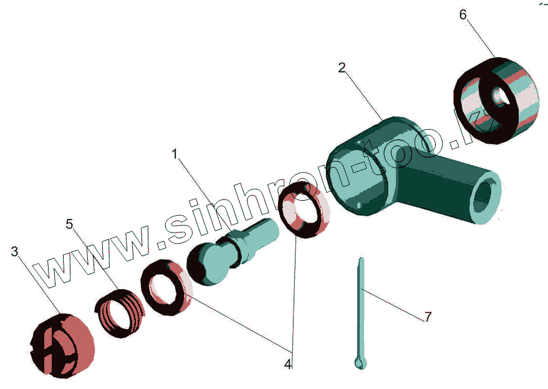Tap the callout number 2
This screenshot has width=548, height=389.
pyautogui.click(x=342, y=68)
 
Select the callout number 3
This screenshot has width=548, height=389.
pyautogui.click(x=14, y=252)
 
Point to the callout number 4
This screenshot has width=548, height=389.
pyautogui.click(x=287, y=363)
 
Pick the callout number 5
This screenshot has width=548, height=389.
pyautogui.click(x=69, y=223)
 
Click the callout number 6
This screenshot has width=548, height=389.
pyautogui.click(x=463, y=14)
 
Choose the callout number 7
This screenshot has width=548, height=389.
pyautogui.click(x=428, y=317)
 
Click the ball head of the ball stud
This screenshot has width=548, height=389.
pyautogui.click(x=207, y=264)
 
